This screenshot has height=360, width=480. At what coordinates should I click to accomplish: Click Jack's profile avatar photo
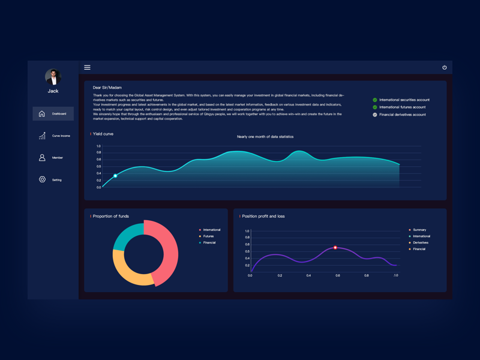click(x=53, y=77)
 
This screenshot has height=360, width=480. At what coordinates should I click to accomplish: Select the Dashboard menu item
click(x=53, y=113)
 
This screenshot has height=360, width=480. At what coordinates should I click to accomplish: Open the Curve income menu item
click(x=53, y=136)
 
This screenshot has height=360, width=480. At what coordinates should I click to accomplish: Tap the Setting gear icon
click(x=42, y=179)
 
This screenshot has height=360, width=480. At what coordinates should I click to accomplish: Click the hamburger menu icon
click(x=87, y=67)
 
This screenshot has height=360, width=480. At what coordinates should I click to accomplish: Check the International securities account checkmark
click(x=375, y=100)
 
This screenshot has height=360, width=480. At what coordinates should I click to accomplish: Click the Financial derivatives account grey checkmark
click(x=375, y=115)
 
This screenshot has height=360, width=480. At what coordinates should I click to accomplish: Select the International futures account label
click(x=402, y=107)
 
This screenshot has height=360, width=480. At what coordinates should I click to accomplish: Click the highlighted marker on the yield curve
click(x=116, y=176)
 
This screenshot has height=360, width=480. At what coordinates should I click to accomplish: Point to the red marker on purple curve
click(x=335, y=247)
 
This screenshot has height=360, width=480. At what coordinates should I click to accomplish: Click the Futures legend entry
click(x=208, y=236)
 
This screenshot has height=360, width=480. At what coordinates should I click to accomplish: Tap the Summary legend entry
click(x=419, y=230)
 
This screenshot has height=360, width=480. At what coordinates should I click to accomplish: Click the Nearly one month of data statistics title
click(x=265, y=137)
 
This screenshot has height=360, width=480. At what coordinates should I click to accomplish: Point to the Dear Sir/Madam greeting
click(x=107, y=88)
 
